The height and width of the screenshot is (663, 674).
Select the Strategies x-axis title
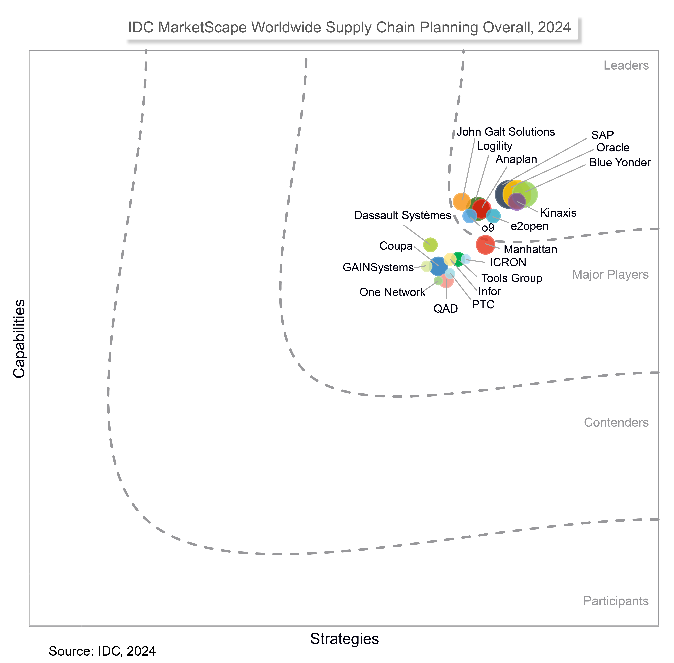344,639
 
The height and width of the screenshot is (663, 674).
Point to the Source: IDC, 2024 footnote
102,651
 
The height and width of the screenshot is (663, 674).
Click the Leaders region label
626,65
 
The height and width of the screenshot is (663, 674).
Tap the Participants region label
616,601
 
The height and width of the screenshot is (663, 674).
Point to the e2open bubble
493,216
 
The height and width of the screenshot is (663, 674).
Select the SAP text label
602,135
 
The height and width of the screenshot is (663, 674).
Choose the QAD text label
445,308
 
